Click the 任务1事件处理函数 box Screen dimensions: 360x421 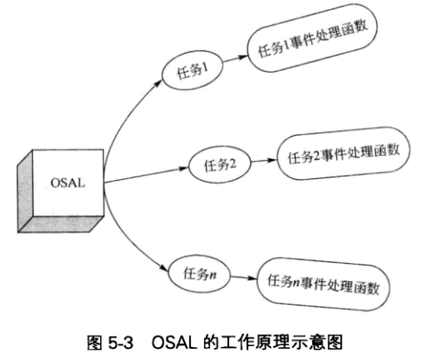pos(309,45)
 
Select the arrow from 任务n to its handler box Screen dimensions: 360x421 pos(243,278)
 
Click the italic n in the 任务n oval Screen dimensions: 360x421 pos(214,274)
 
